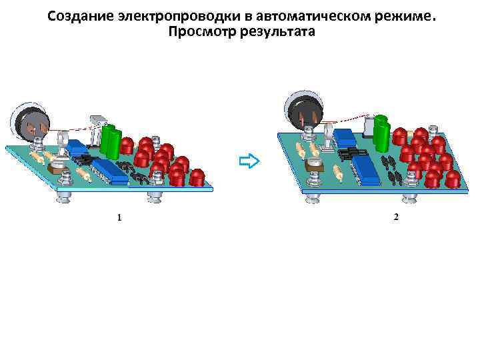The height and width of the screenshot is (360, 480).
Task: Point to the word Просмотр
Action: (202, 31)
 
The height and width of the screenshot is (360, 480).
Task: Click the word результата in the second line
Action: (277, 31)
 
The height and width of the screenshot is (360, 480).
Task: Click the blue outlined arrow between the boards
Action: (248, 161)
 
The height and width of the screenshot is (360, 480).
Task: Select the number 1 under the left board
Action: (119, 217)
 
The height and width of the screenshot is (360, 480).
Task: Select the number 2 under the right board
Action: (396, 217)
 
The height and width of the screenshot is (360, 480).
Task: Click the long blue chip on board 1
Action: (110, 172)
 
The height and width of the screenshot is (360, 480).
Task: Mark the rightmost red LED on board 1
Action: (197, 177)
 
